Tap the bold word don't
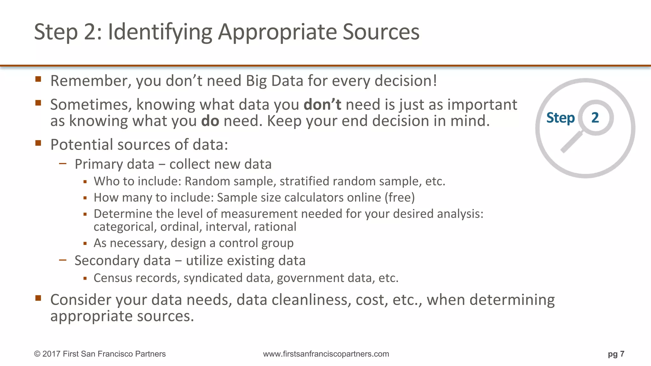pyautogui.click(x=322, y=105)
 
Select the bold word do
pyautogui.click(x=210, y=121)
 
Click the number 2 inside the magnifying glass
pyautogui.click(x=595, y=118)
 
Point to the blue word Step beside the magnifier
pyautogui.click(x=560, y=118)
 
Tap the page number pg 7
pyautogui.click(x=616, y=354)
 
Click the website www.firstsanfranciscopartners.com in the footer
pyautogui.click(x=326, y=354)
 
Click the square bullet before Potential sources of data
pyautogui.click(x=38, y=143)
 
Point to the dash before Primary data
pyautogui.click(x=63, y=164)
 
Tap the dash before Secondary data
pyautogui.click(x=63, y=260)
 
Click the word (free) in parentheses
pyautogui.click(x=400, y=198)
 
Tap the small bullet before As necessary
pyautogui.click(x=85, y=244)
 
